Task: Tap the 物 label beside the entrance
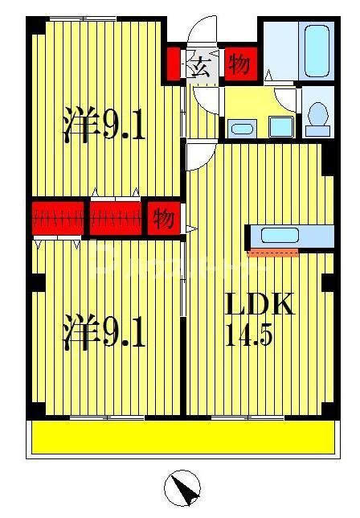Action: (239, 65)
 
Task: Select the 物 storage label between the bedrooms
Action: (164, 219)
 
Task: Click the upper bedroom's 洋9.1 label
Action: (104, 125)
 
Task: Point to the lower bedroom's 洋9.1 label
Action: (104, 332)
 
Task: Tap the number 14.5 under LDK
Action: (249, 333)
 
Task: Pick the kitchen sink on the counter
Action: (280, 236)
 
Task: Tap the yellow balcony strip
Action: (182, 438)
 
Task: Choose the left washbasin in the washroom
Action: (240, 128)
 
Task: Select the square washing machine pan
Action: (280, 126)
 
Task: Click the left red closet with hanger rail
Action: (58, 219)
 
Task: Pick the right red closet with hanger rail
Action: (115, 219)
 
